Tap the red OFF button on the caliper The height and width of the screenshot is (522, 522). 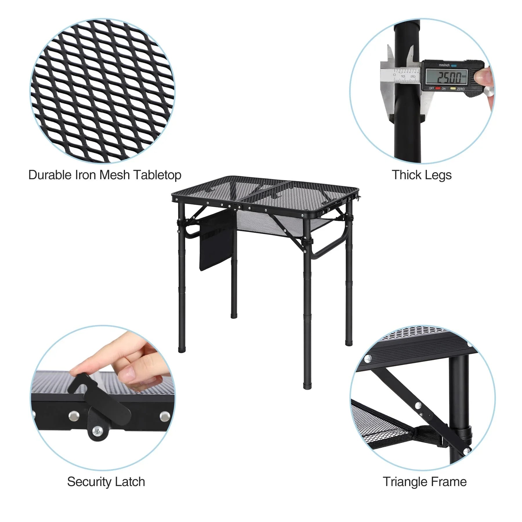coord(438,88)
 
